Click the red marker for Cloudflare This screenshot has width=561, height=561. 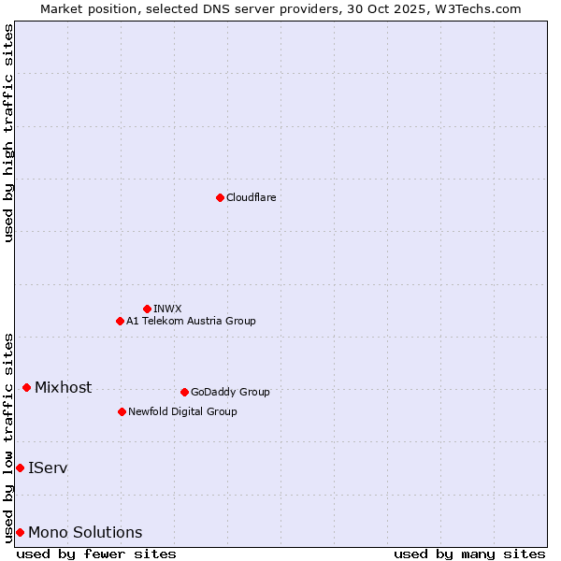(220, 197)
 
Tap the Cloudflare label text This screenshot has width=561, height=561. (252, 197)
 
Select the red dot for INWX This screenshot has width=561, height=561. (147, 309)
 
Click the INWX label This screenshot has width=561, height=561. (167, 309)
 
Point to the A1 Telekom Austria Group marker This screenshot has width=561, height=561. (120, 321)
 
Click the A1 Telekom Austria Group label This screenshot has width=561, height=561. (191, 321)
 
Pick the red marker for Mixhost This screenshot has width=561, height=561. (26, 387)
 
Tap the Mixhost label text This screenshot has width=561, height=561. (63, 387)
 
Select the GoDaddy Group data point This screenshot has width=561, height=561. (184, 392)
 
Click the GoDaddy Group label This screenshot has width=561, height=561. (230, 392)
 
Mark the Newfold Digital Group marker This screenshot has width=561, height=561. (122, 411)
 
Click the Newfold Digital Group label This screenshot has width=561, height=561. (182, 411)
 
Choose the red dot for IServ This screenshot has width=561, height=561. (20, 467)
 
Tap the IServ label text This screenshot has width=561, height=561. (48, 467)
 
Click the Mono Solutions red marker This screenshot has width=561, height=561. (20, 532)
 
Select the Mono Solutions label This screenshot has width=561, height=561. (85, 532)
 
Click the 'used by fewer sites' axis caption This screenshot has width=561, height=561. (96, 554)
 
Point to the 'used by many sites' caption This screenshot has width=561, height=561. (469, 554)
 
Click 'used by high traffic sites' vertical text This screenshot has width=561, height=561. (8, 133)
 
